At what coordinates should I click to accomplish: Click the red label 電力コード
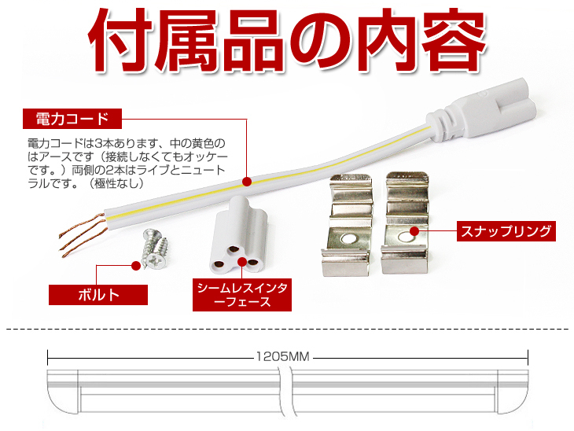point(72,119)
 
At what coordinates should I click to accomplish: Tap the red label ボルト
point(98,295)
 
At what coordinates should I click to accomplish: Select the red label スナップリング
point(506,231)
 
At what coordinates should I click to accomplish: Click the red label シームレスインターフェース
point(242,295)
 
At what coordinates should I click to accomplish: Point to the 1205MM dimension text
point(282,356)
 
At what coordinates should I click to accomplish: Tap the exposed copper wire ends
point(83,235)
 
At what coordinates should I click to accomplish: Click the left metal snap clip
point(346,224)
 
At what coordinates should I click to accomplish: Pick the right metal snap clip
point(404,223)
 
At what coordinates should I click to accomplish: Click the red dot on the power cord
point(247,182)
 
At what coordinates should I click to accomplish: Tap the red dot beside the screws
point(136,266)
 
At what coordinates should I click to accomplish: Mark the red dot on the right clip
point(414,231)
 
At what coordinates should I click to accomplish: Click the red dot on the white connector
point(242,262)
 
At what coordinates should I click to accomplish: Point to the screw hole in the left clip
point(349,239)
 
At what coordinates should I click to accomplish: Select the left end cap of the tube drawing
point(63,392)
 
